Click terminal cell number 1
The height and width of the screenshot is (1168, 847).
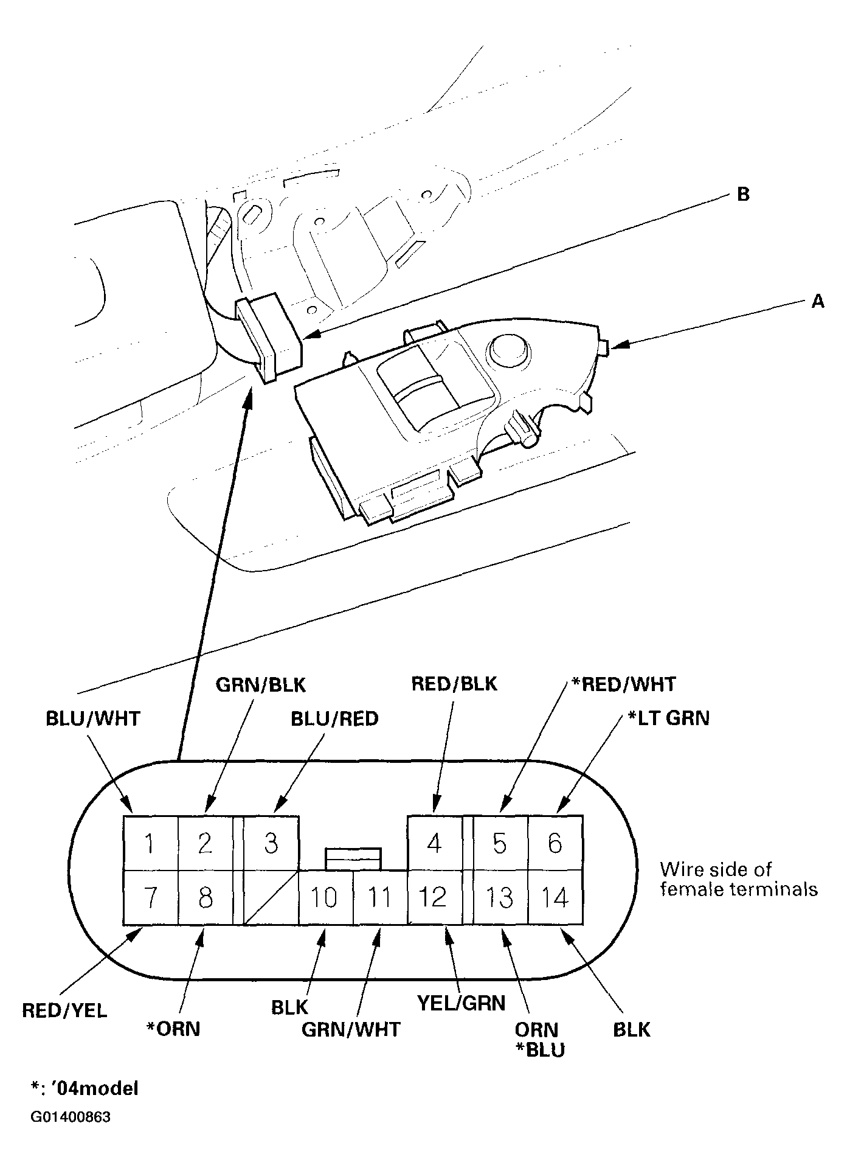150,843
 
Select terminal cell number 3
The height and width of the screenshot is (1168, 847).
271,843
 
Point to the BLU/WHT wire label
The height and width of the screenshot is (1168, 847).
93,718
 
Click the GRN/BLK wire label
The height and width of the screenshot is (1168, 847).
261,685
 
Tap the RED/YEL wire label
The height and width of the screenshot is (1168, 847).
64,1010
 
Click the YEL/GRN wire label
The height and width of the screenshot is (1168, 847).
462,1003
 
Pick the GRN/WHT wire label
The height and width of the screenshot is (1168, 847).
351,1029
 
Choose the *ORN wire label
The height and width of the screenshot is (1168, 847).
173,1029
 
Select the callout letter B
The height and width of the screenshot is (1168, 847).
743,195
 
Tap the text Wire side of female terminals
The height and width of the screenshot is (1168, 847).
738,879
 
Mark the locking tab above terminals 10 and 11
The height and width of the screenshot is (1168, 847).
353,858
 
